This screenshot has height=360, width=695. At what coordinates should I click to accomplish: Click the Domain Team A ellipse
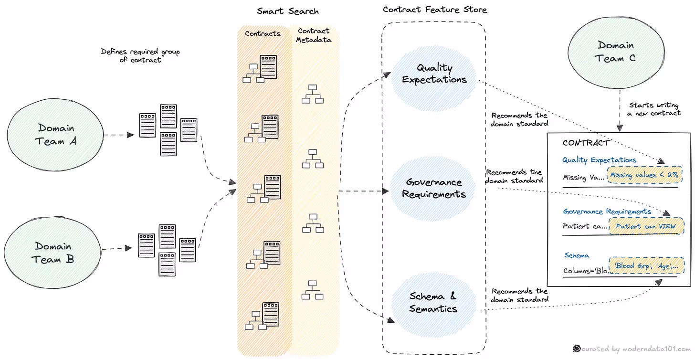(55, 135)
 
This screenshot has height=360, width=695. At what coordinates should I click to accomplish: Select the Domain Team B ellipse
(53, 253)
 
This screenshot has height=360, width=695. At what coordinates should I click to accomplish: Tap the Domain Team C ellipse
(615, 52)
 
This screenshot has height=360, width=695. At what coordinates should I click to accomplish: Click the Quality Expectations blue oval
(434, 74)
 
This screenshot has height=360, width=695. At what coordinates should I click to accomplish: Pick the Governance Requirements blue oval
(433, 188)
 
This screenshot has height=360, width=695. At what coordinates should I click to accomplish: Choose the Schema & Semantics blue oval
(433, 303)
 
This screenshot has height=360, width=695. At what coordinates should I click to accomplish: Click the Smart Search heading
(287, 11)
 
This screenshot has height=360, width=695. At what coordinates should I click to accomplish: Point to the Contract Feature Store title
(434, 10)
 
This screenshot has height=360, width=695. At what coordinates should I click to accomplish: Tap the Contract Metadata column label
(314, 35)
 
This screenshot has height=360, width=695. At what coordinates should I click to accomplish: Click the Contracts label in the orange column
(262, 33)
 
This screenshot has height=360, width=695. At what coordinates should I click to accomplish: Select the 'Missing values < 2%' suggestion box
(644, 175)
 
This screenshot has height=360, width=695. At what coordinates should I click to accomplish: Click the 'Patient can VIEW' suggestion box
(645, 226)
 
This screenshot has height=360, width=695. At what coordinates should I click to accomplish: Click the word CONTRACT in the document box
(586, 143)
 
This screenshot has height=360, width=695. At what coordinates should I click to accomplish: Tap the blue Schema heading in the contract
(577, 255)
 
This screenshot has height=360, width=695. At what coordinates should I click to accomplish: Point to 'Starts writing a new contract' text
(654, 109)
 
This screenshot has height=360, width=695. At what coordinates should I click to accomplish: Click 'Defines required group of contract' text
(140, 56)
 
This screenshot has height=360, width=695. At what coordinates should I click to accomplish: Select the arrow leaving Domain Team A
(119, 135)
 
